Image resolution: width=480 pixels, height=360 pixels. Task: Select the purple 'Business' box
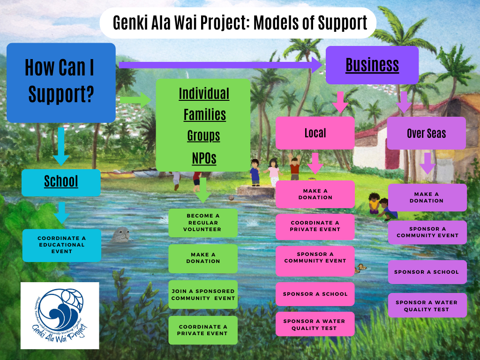[x=372, y=65]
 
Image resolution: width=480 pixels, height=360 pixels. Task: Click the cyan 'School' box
[x=61, y=182]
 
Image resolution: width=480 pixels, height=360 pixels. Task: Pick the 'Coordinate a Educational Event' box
[x=62, y=245]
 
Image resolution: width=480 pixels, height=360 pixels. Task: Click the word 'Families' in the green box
[x=204, y=114]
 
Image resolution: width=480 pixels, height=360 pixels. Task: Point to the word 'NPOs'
[x=204, y=158]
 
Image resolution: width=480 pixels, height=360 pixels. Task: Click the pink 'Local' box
[x=315, y=133]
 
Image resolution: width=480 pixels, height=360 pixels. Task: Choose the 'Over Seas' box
[x=426, y=134]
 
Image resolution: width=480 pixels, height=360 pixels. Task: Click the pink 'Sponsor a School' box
[x=315, y=294]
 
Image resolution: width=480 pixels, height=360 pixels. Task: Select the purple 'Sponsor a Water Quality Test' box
[x=427, y=306]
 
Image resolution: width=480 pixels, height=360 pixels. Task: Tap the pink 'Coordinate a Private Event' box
[x=315, y=226]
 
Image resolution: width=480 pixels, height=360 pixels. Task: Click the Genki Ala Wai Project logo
[x=60, y=315]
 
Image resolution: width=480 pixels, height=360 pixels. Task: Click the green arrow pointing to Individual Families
[x=135, y=99]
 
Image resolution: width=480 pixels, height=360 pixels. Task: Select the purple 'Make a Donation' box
[x=427, y=197]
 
